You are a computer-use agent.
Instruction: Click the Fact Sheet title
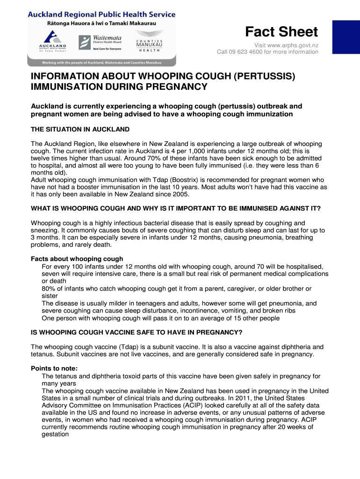coord(281,32)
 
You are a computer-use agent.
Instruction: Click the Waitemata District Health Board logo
coord(100,43)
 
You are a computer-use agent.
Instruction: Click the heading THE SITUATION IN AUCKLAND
coord(80,129)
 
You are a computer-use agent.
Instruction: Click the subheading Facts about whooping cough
coord(77,259)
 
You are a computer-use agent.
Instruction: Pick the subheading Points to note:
coord(54,368)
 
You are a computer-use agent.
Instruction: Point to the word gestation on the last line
coord(55,434)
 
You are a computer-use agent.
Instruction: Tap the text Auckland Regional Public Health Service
coord(101,15)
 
